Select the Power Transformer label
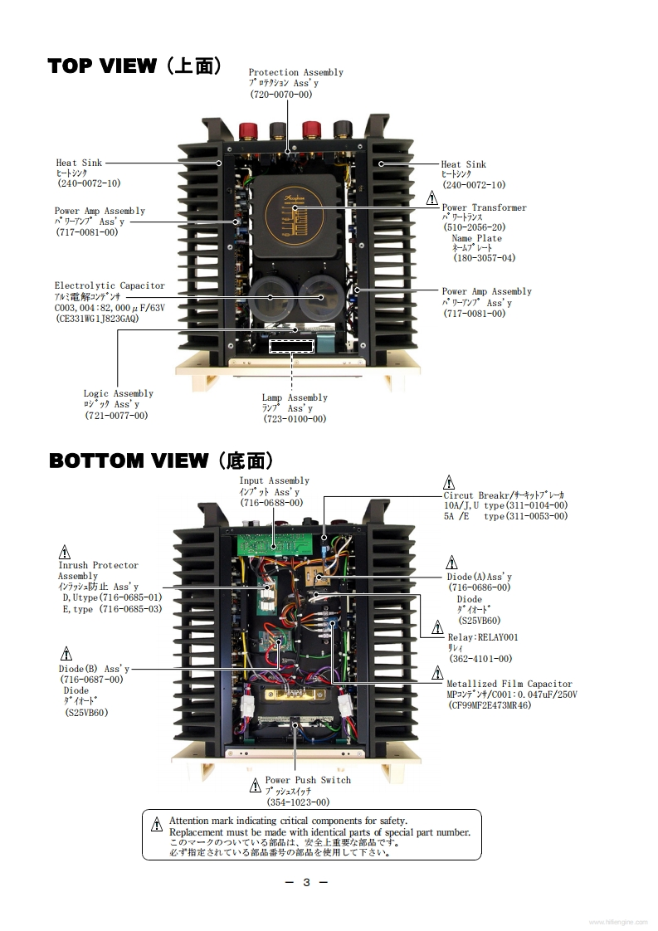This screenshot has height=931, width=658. tap(484, 207)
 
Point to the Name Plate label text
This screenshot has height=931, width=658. tap(476, 238)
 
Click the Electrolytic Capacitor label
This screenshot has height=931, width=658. tap(110, 285)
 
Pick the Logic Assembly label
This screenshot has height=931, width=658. tap(118, 393)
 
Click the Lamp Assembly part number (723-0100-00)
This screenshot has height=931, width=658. tap(295, 419)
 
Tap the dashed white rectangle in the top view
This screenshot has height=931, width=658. tap(291, 345)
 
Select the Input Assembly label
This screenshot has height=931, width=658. tap(274, 480)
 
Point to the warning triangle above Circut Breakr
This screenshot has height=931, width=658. tap(449, 482)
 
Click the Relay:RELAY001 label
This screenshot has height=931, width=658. tap(482, 637)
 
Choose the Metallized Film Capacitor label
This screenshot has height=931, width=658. tap(509, 684)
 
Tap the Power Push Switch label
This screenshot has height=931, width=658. tap(307, 780)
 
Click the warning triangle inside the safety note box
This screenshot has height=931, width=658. tap(157, 825)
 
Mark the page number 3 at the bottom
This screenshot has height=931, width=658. tap(306, 882)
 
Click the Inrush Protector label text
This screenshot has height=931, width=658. tap(98, 565)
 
